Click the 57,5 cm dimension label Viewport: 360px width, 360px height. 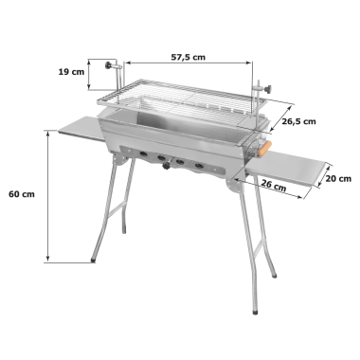click(x=189, y=57)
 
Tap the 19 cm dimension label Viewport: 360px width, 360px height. click(x=71, y=72)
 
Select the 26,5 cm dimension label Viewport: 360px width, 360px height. click(x=298, y=121)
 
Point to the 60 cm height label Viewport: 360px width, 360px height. click(x=22, y=194)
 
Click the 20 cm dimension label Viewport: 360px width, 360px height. click(x=338, y=179)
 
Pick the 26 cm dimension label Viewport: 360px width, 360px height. click(x=274, y=185)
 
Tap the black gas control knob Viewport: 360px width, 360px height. click(x=166, y=166)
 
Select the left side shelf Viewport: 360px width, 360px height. click(x=81, y=128)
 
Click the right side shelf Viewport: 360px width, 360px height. click(x=287, y=167)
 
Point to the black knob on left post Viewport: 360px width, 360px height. click(x=108, y=65)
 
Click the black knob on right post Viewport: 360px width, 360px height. click(x=269, y=89)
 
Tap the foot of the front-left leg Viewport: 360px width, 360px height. click(x=93, y=260)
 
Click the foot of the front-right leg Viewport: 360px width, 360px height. click(x=255, y=312)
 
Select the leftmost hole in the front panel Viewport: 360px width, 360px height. click(x=143, y=154)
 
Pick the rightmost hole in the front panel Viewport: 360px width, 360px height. click(x=199, y=166)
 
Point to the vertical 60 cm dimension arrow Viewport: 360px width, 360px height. click(x=48, y=196)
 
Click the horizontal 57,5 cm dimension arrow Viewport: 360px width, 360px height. click(x=189, y=63)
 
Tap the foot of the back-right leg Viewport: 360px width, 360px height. click(x=274, y=276)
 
